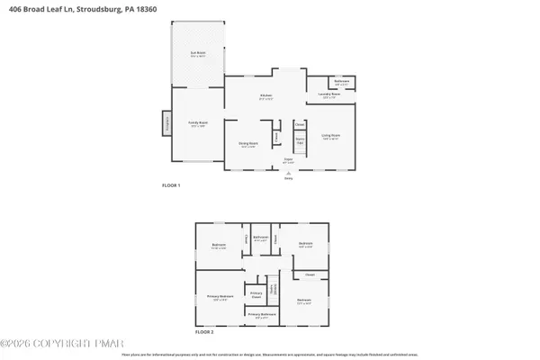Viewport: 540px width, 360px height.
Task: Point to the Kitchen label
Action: click(x=266, y=96)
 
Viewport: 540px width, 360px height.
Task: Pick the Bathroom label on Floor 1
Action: click(x=342, y=83)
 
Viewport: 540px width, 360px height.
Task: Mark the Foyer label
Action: click(x=289, y=159)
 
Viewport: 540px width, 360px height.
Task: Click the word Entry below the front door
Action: click(x=289, y=178)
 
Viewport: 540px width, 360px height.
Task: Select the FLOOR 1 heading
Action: click(x=171, y=185)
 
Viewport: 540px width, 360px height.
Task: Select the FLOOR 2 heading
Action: click(x=206, y=332)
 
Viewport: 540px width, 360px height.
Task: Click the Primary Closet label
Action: click(x=256, y=293)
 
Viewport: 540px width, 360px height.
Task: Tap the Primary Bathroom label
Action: click(x=260, y=315)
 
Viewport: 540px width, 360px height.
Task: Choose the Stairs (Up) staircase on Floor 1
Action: click(x=300, y=141)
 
